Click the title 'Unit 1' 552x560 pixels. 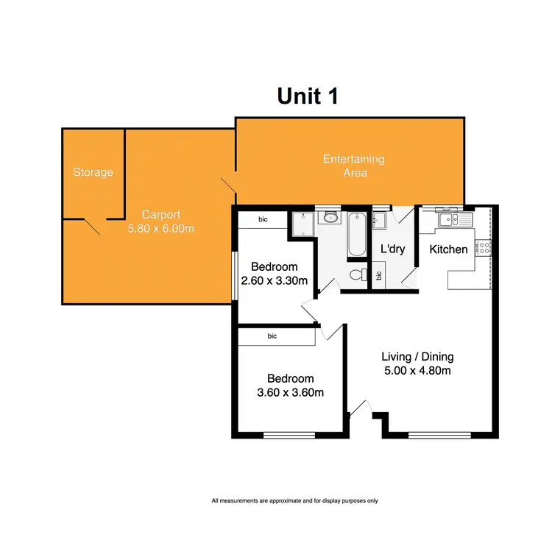point(308,96)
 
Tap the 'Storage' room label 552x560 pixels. point(93,172)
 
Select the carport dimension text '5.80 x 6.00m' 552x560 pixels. point(161,229)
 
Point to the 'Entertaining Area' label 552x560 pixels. point(355,166)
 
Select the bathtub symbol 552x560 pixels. point(355,234)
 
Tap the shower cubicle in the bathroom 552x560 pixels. point(301,224)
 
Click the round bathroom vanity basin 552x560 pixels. point(330,217)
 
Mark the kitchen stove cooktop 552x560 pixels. point(484,248)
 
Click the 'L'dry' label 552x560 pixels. point(393,249)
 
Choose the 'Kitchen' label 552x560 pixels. point(448,249)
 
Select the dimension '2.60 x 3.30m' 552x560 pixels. point(274,280)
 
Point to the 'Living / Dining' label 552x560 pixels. point(417,357)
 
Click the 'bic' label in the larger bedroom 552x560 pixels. point(272,336)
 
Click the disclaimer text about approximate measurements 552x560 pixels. point(294,501)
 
